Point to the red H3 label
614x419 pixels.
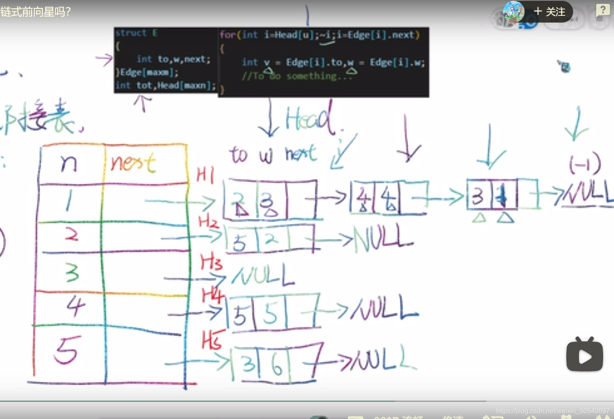[211, 262]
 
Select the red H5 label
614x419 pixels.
[212, 340]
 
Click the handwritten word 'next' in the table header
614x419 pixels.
[133, 163]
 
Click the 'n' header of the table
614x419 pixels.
[69, 163]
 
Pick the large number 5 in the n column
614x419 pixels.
[66, 350]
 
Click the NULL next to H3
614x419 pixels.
[263, 275]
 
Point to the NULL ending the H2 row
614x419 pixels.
[383, 239]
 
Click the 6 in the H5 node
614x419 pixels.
[276, 365]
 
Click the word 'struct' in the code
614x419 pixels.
[131, 33]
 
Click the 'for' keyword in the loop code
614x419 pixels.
[227, 35]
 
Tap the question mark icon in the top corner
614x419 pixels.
[603, 10]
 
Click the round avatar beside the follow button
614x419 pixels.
[513, 11]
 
